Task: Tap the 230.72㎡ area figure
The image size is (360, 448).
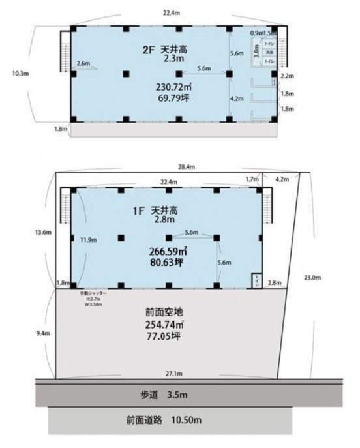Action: tap(172, 87)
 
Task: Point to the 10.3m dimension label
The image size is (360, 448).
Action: tap(20, 74)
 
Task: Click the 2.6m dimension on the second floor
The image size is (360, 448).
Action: tap(83, 63)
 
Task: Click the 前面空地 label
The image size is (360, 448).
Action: tap(169, 312)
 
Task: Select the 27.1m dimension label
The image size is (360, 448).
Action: tap(173, 374)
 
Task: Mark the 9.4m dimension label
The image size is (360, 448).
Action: tap(43, 333)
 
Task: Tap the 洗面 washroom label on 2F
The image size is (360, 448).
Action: tap(267, 52)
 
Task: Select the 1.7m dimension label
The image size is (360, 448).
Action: tap(251, 178)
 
